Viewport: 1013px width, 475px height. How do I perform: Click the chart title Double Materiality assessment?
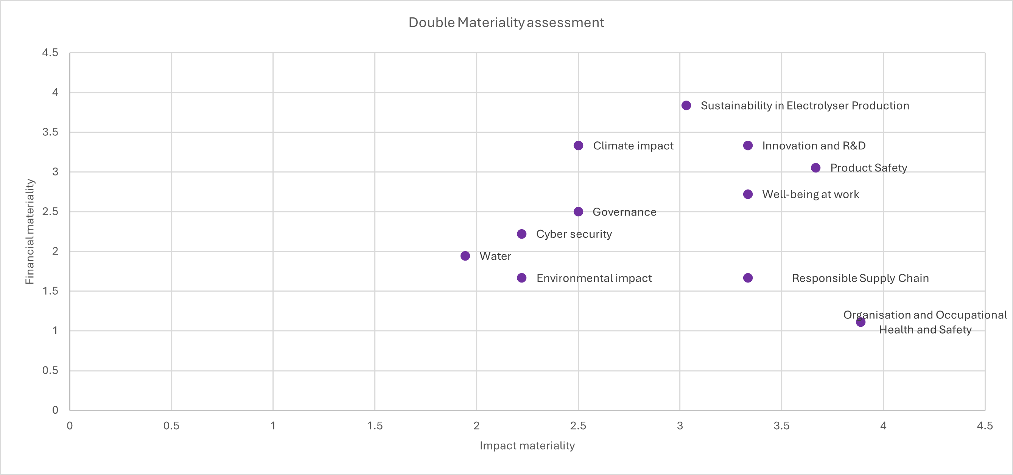pyautogui.click(x=506, y=22)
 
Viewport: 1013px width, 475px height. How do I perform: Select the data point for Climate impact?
pyautogui.click(x=578, y=146)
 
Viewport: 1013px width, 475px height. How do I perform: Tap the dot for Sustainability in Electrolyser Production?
pyautogui.click(x=686, y=105)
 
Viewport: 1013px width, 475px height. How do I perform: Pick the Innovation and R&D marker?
pyautogui.click(x=748, y=146)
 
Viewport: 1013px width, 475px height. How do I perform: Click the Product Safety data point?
pyautogui.click(x=815, y=168)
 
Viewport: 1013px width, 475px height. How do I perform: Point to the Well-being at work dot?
pyautogui.click(x=748, y=194)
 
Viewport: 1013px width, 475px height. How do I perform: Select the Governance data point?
pyautogui.click(x=578, y=212)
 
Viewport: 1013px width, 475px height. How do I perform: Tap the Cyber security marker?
pyautogui.click(x=521, y=234)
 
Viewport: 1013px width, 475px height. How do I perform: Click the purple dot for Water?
pyautogui.click(x=465, y=256)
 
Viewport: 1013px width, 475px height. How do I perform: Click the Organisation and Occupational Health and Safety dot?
pyautogui.click(x=861, y=322)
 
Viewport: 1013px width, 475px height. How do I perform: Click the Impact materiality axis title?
pyautogui.click(x=527, y=446)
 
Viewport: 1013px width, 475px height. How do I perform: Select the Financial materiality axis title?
pyautogui.click(x=30, y=231)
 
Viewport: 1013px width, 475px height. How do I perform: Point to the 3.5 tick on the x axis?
pyautogui.click(x=781, y=425)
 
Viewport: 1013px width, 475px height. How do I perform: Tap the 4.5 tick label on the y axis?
pyautogui.click(x=50, y=53)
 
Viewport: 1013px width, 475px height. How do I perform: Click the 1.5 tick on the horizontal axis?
pyautogui.click(x=375, y=425)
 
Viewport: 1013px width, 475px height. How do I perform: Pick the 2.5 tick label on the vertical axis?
pyautogui.click(x=50, y=212)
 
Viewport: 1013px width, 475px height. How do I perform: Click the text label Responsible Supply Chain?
pyautogui.click(x=861, y=278)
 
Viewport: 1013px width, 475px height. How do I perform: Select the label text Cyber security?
pyautogui.click(x=574, y=234)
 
